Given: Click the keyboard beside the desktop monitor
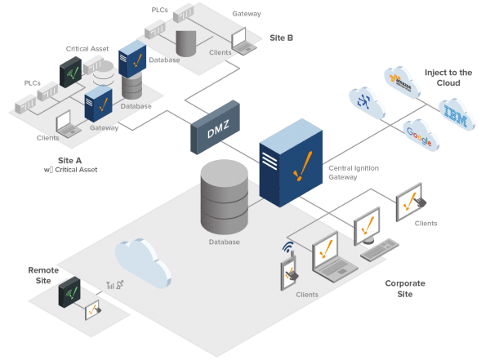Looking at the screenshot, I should click(379, 251).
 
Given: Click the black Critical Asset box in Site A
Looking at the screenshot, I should click(71, 73).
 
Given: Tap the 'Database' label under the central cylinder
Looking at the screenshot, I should click(223, 242).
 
